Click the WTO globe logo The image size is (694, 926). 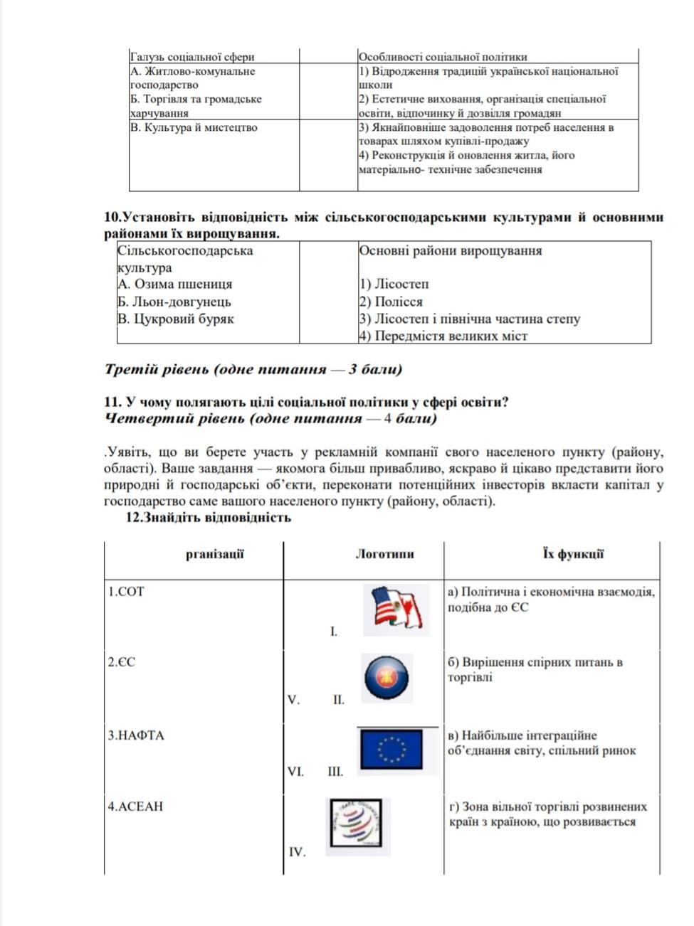(x=358, y=825)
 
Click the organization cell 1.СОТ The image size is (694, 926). (x=126, y=591)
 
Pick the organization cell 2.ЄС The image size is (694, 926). (x=122, y=662)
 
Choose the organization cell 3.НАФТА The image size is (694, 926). (x=136, y=735)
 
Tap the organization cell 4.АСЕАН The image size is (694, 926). (x=135, y=807)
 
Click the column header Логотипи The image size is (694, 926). (x=384, y=554)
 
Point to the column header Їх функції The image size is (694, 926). (x=573, y=554)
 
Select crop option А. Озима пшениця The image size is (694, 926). (x=175, y=284)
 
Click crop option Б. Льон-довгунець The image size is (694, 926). (x=174, y=302)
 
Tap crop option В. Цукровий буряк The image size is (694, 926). (x=176, y=319)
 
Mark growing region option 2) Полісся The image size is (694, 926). (x=391, y=302)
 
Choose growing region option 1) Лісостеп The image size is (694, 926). (x=394, y=284)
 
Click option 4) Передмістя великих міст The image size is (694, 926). (x=443, y=336)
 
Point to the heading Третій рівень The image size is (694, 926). (x=253, y=369)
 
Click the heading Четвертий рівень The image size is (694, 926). (x=270, y=418)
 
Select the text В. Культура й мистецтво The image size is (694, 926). (x=194, y=128)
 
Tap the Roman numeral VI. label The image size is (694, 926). (x=295, y=771)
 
